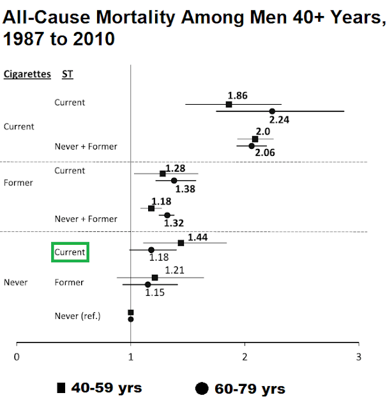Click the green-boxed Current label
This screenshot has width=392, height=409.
(x=70, y=252)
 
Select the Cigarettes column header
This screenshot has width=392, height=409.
(x=27, y=74)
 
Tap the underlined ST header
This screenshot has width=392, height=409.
(x=67, y=74)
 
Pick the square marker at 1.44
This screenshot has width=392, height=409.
(x=181, y=243)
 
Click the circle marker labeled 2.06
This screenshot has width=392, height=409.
(x=251, y=146)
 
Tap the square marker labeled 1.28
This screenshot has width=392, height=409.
(x=163, y=174)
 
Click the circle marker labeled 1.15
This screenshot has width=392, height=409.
(x=147, y=284)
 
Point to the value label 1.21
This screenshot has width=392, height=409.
(x=176, y=270)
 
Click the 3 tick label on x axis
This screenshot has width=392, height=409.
(x=359, y=357)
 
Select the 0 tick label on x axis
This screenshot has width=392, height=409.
(x=17, y=357)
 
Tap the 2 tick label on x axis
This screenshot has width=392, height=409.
(x=245, y=357)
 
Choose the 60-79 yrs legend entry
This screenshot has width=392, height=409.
(x=241, y=389)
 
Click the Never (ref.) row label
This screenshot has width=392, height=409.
(x=77, y=316)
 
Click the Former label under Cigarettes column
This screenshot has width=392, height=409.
(x=19, y=183)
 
